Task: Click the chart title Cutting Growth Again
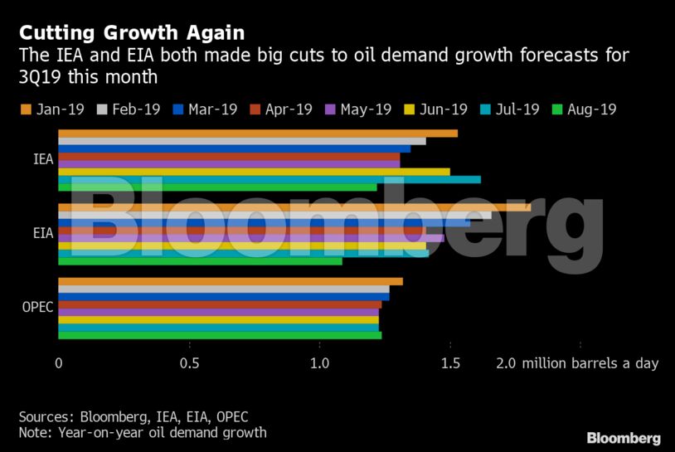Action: click(x=132, y=32)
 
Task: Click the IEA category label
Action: click(x=37, y=160)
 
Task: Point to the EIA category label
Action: click(x=37, y=234)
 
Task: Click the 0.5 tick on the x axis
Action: click(x=190, y=363)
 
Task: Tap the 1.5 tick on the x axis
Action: click(x=450, y=363)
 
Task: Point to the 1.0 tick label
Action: click(x=320, y=363)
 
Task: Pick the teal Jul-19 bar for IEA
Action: click(x=269, y=179)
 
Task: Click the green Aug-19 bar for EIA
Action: click(x=199, y=261)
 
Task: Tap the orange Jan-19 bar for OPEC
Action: click(x=230, y=281)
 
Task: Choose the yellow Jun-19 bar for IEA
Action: click(x=253, y=172)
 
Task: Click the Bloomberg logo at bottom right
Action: click(x=624, y=438)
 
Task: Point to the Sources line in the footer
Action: click(x=134, y=417)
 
